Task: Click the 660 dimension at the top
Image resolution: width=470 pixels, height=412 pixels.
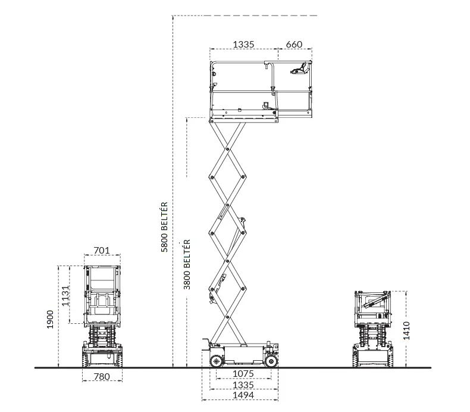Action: pos(294,45)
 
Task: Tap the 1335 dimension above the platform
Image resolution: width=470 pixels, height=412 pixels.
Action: pos(243,45)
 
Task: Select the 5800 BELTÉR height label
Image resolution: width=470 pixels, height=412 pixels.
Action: pos(165,227)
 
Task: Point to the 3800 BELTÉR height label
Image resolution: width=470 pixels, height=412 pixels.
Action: pos(187,264)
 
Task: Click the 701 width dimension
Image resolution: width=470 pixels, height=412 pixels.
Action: pos(102,250)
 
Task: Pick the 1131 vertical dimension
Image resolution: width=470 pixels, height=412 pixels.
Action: pos(65,295)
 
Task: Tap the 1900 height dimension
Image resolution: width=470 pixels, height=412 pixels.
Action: pos(50,319)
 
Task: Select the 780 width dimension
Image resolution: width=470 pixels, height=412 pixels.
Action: pos(102,376)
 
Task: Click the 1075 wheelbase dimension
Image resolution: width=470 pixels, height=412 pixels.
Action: pos(243,374)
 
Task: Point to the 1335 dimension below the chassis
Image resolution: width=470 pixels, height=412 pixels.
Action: pos(243,385)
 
